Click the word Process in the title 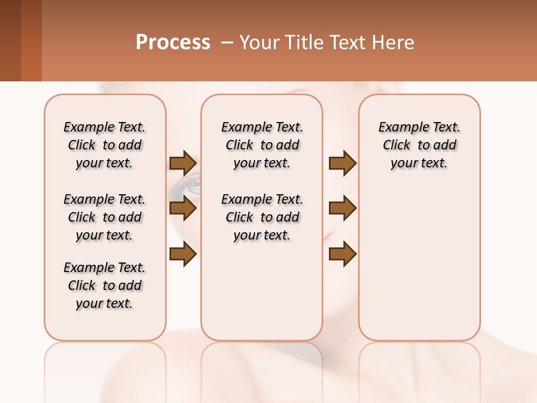(x=173, y=43)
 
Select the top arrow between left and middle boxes (x=183, y=163)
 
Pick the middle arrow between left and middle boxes (x=183, y=208)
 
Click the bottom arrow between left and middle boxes (x=183, y=254)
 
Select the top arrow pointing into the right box (x=342, y=163)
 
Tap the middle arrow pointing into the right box (x=342, y=208)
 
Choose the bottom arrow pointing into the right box (x=342, y=254)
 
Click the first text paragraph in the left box (x=105, y=145)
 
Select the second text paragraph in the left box (x=105, y=217)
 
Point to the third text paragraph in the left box (x=105, y=285)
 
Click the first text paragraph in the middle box (x=262, y=145)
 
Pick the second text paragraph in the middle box (x=262, y=217)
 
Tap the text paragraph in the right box (x=419, y=145)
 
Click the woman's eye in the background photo (x=192, y=184)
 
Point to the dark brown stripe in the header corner (x=10, y=40)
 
